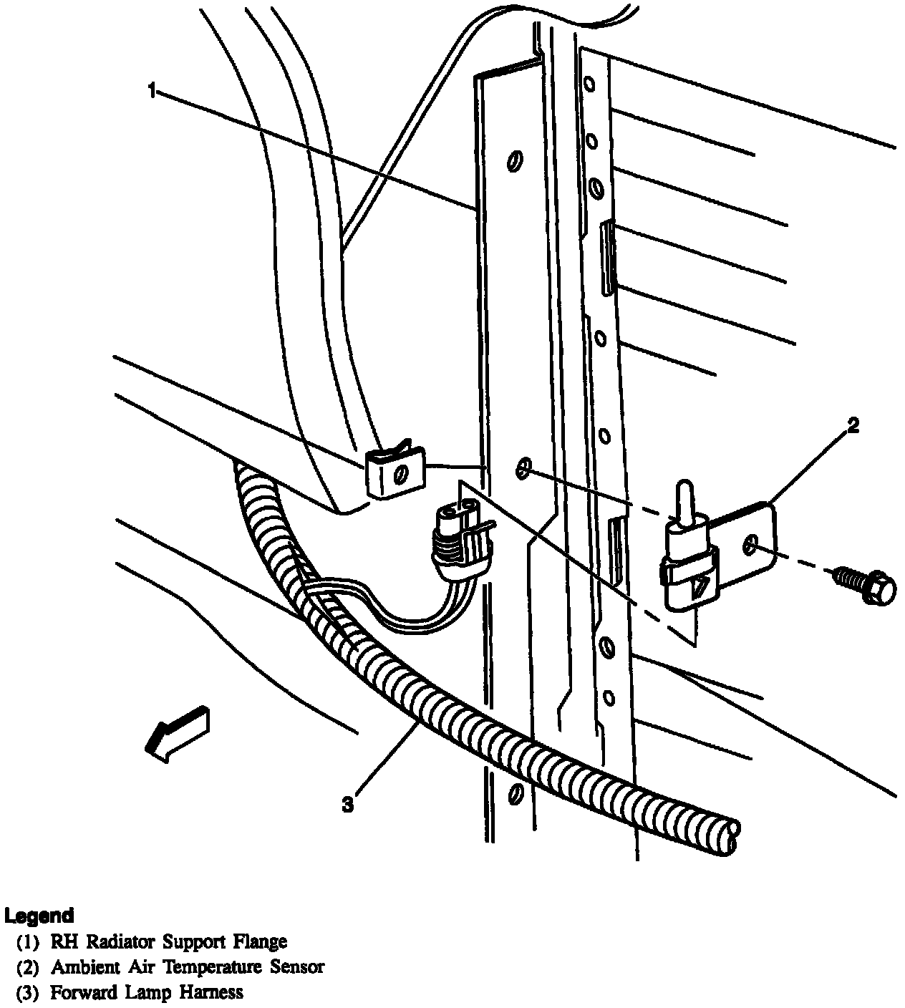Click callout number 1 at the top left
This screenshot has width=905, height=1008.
coord(151,90)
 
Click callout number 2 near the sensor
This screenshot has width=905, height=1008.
coord(852,426)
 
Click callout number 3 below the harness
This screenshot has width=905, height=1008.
coord(347,805)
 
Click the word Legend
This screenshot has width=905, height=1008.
coord(39,916)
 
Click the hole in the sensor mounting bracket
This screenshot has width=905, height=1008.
coord(750,546)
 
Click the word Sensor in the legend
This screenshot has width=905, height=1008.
coord(297,967)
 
